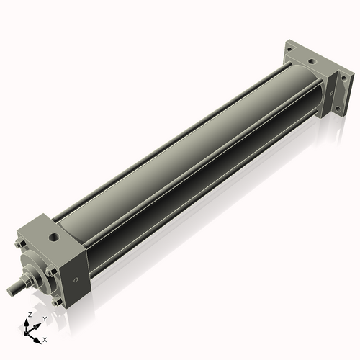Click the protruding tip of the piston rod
pos(10,291)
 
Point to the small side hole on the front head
pos(74,279)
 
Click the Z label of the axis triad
pos(28,315)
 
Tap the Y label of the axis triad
pos(45,318)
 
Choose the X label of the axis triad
pos(45,338)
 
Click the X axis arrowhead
pos(38,336)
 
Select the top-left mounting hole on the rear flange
pos(289,49)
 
